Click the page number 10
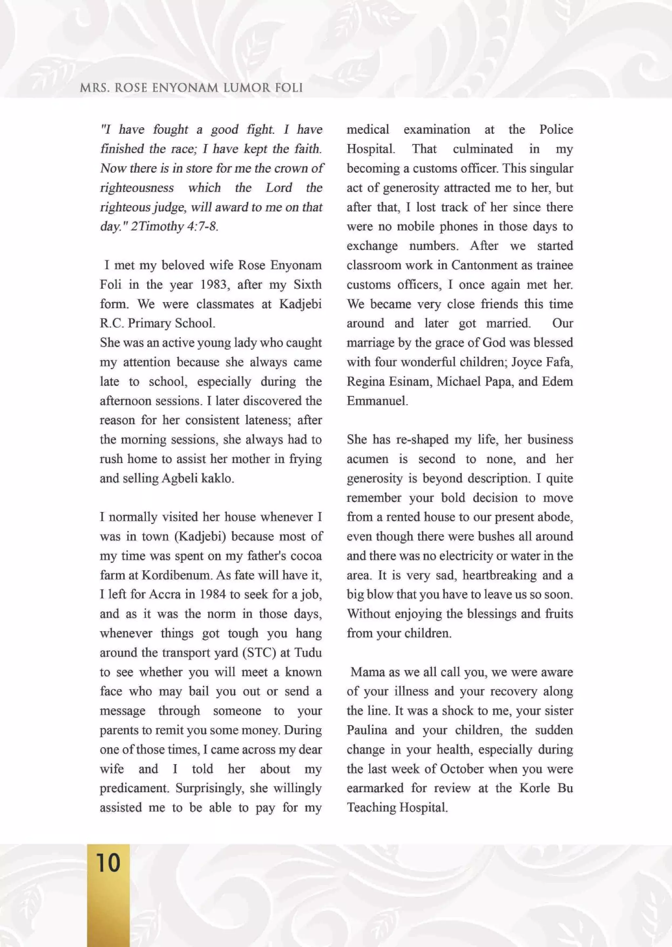pos(108,863)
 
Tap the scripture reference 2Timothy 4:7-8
pos(174,227)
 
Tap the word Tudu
pos(308,652)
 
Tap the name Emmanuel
pos(377,401)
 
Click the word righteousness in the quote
pos(137,188)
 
